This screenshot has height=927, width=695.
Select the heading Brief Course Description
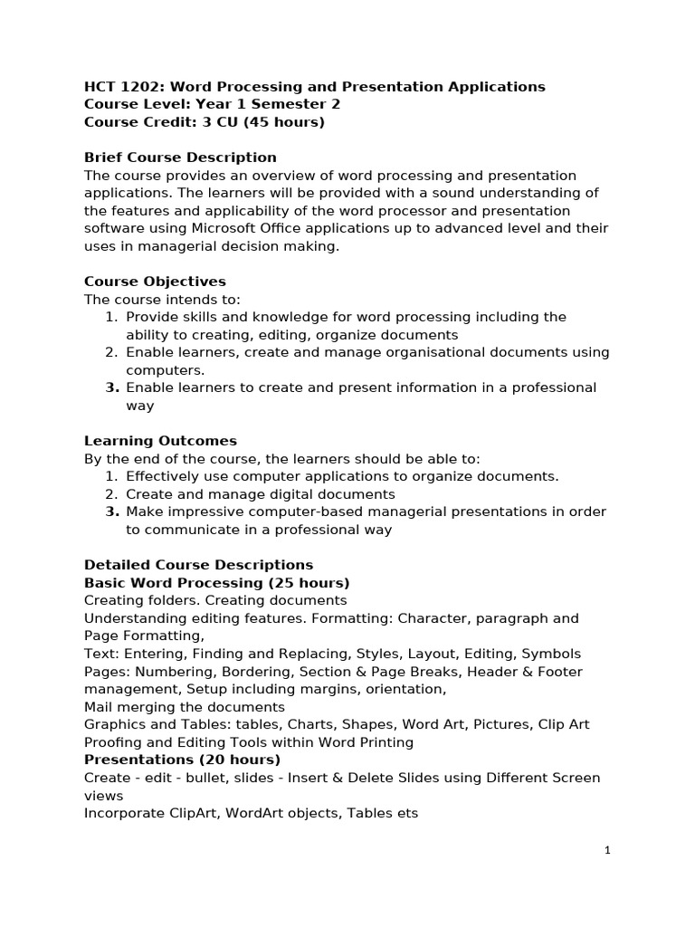tap(180, 158)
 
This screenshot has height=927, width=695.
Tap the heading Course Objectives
tap(155, 282)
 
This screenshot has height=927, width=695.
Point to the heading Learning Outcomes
tap(160, 441)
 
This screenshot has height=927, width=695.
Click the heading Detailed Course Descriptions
tap(198, 565)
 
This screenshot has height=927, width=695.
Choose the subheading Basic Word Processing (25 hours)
tap(216, 582)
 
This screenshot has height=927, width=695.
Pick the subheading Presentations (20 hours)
tap(182, 760)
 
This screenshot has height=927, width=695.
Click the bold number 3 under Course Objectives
tap(112, 387)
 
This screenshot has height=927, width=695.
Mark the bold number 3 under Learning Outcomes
tap(112, 511)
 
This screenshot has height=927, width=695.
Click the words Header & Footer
tap(526, 672)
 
